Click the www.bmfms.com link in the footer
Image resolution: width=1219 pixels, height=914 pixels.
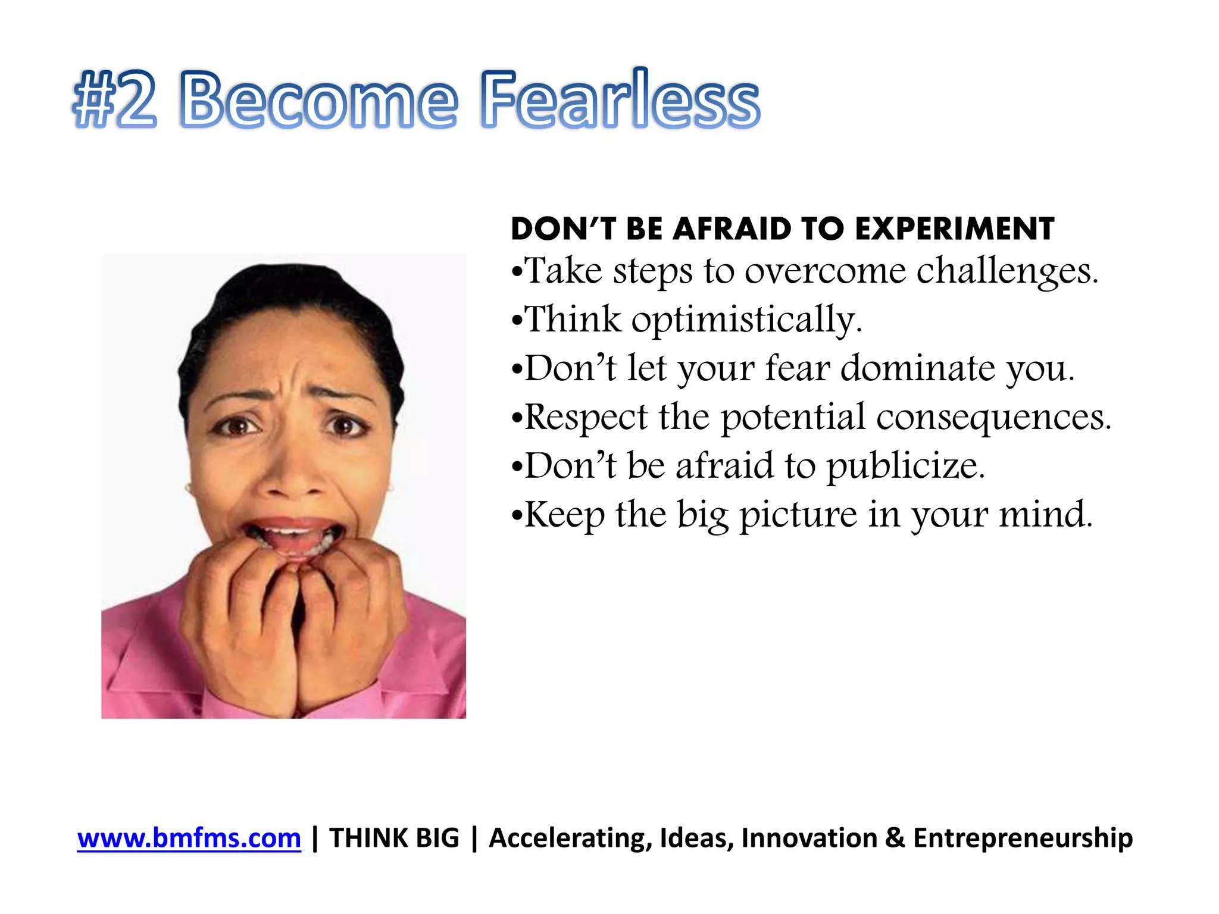tap(189, 838)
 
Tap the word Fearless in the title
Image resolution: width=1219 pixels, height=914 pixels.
tap(620, 100)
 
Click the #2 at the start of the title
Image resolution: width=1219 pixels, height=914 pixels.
tap(114, 100)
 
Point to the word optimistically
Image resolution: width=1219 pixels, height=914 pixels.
tap(746, 320)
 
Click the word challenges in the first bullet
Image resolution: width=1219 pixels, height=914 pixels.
tap(1007, 271)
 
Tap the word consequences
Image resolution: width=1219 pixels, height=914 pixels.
tap(993, 417)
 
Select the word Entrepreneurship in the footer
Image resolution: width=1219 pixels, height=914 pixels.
tap(1023, 838)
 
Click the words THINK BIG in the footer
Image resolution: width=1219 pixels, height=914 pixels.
tap(394, 838)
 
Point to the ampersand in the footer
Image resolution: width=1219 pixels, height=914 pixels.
tap(895, 838)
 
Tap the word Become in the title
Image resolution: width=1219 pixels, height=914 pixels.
tap(318, 100)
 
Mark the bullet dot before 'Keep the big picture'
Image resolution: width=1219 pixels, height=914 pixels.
tap(517, 516)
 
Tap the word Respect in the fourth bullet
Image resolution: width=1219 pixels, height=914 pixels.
tap(586, 417)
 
